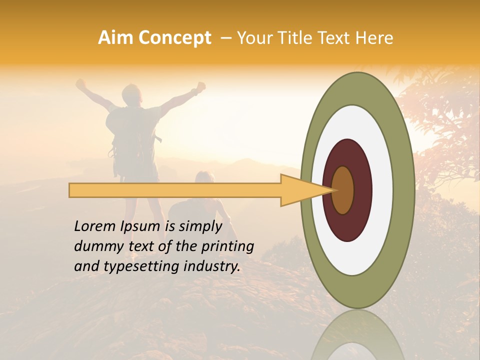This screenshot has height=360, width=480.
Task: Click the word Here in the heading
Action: [x=374, y=38]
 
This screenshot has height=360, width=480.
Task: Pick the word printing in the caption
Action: [x=227, y=246]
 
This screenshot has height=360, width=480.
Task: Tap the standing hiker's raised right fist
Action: [x=201, y=86]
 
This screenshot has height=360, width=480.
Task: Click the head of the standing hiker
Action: [x=132, y=93]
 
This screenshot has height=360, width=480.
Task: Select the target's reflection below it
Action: [x=357, y=335]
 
